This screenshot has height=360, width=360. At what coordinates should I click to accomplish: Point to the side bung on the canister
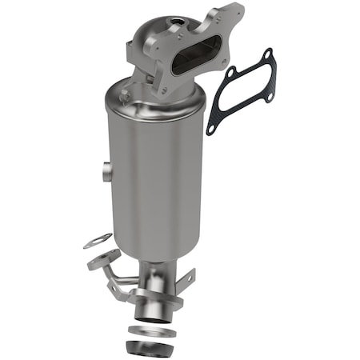[106, 170]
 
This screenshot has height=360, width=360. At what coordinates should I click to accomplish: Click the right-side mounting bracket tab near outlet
[186, 280]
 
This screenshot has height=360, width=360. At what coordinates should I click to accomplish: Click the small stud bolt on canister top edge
[124, 94]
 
